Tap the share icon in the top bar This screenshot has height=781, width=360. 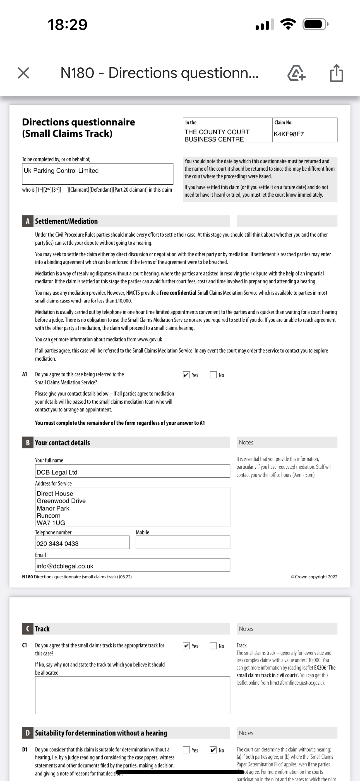[336, 73]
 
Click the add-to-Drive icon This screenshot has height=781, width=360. [296, 73]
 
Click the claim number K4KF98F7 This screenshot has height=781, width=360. [289, 134]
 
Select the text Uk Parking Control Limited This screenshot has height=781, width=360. [61, 171]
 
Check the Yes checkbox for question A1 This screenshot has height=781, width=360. [186, 375]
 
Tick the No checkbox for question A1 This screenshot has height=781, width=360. [213, 375]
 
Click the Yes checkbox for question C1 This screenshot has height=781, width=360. [186, 646]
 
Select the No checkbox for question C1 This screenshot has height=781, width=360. [213, 646]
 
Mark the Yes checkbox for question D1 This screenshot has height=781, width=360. [186, 750]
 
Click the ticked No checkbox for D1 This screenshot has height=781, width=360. [213, 750]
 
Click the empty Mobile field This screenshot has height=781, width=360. [183, 542]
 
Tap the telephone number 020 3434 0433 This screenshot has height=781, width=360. [57, 544]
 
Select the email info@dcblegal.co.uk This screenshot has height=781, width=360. [65, 566]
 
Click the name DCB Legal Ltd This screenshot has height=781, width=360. [57, 472]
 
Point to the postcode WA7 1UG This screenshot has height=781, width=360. [51, 523]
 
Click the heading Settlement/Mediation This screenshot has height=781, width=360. [66, 221]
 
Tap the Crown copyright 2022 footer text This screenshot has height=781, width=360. [314, 577]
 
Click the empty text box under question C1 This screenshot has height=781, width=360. [133, 695]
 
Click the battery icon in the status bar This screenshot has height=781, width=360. [315, 24]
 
